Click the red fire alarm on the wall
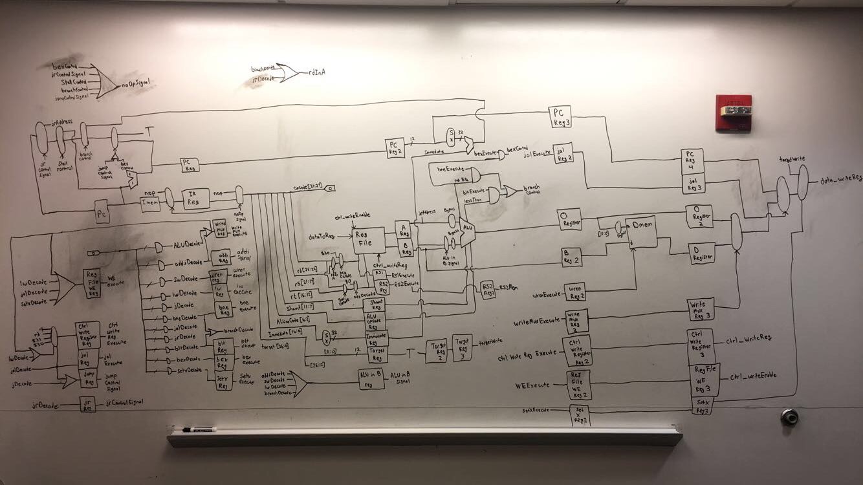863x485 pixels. pos(733,113)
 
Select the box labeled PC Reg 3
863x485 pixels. pos(559,117)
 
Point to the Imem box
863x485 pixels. pos(149,201)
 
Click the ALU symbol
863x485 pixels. pos(466,229)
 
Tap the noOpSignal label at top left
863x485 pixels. pos(135,84)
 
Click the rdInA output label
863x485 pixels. pos(317,72)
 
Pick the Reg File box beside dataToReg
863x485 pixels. pos(367,241)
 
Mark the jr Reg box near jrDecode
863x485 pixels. pos(87,405)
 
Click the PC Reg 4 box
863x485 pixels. pos(692,159)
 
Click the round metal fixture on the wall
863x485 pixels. pos(789,416)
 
